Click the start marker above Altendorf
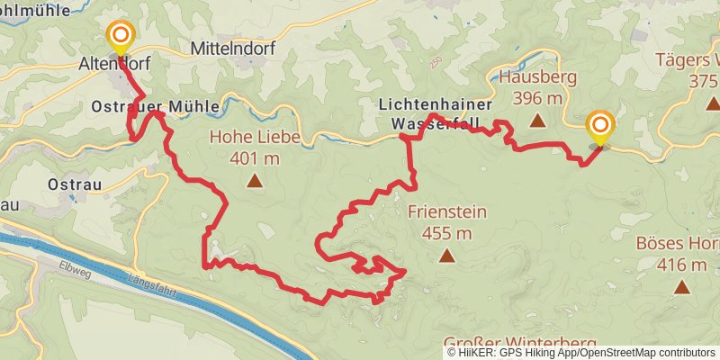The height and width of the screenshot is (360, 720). tap(120, 37)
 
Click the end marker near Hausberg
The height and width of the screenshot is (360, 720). tap(599, 126)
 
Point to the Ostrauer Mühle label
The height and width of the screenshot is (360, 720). tap(155, 106)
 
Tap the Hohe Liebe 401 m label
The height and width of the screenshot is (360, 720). tap(256, 148)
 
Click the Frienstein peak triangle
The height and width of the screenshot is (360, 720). tap(446, 256)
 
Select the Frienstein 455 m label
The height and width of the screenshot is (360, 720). tap(446, 223)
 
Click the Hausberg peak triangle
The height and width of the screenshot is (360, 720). tap(537, 120)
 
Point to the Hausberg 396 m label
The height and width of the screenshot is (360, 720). tap(537, 86)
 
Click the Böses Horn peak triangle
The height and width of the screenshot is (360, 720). tap(681, 288)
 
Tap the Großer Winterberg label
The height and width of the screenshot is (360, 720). tap(520, 343)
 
